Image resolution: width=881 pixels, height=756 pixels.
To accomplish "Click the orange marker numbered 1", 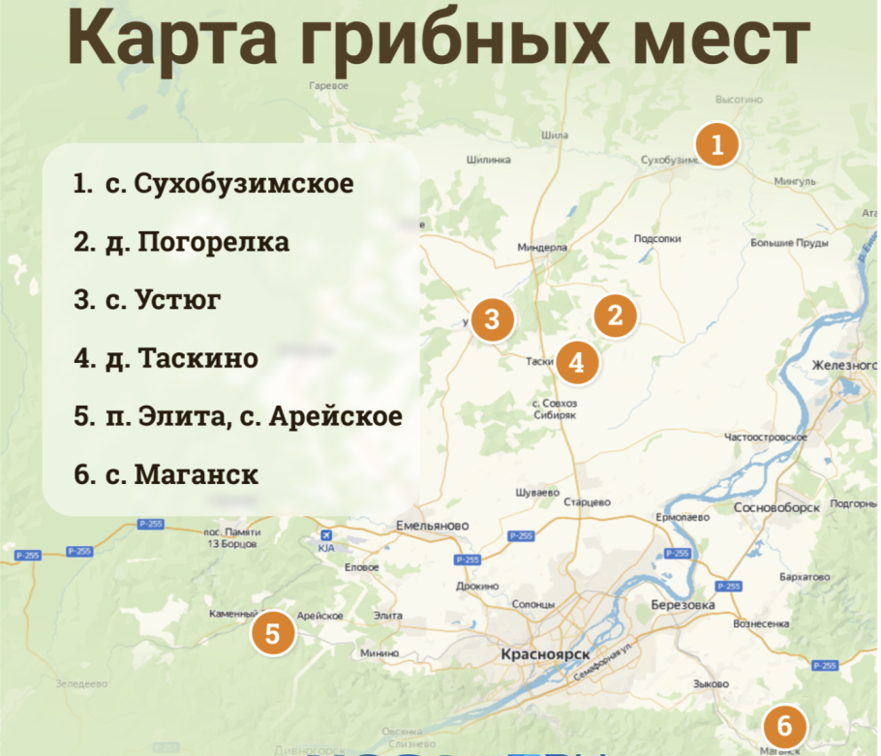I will [716, 146].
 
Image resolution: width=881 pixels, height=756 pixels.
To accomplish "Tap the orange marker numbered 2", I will [615, 316].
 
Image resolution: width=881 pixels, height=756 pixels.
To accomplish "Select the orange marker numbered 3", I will [493, 320].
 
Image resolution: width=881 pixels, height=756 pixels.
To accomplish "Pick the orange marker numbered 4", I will [577, 363].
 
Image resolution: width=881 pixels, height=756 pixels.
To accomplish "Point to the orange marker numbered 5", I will [273, 634].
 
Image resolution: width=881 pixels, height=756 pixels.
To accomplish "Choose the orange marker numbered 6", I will [784, 725].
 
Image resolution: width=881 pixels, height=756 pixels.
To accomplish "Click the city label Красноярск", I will [545, 655].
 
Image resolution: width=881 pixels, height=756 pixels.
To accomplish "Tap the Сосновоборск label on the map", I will [776, 506].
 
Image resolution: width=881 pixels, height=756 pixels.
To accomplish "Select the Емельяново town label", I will [433, 526].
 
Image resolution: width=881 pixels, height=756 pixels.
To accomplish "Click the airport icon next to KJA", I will [326, 534].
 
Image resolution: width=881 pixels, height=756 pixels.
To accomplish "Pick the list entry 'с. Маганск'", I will [166, 475].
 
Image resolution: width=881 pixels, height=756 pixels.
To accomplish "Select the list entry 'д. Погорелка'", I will [181, 242].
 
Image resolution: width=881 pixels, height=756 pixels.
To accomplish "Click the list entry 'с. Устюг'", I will [147, 300].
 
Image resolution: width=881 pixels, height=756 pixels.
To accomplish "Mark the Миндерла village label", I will [542, 247].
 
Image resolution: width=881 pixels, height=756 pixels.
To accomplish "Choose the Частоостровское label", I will [766, 438].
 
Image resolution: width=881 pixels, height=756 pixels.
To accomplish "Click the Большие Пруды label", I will [788, 242].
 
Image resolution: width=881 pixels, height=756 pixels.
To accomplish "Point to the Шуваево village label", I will [538, 492].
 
